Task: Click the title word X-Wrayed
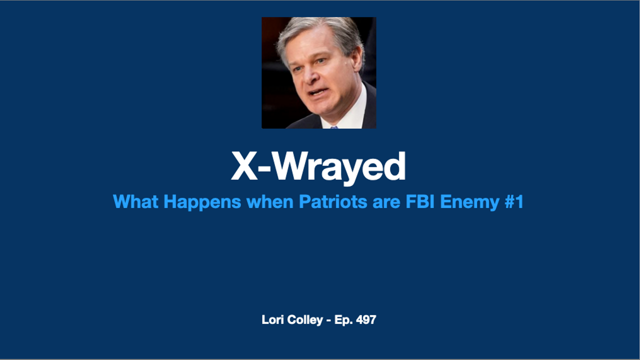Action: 318,167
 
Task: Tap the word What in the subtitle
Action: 135,201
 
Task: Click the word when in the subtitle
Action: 270,201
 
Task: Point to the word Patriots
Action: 333,201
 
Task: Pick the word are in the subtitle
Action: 386,203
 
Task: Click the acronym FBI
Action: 420,201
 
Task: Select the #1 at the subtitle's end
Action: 514,201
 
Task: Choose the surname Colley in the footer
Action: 305,320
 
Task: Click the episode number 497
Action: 366,319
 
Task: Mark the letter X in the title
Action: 244,166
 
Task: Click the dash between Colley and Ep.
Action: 328,320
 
